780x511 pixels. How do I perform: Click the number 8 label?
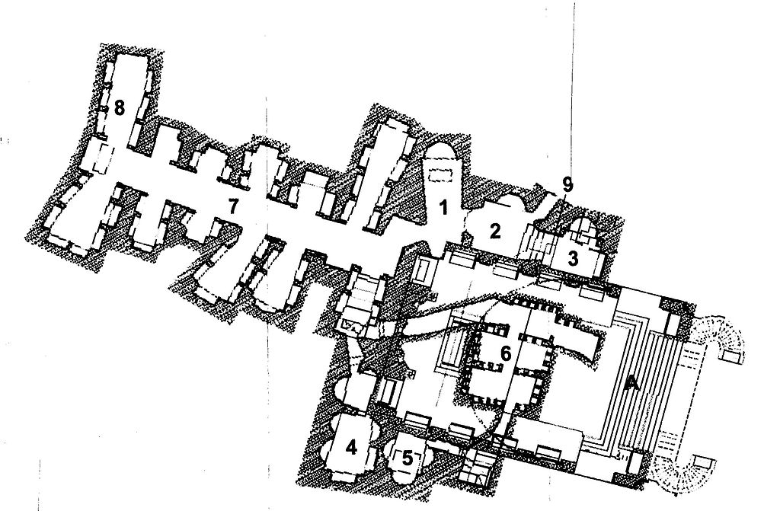119,107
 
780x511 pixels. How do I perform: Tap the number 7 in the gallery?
232,206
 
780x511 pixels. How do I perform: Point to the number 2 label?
494,232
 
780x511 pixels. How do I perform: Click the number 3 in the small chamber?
573,259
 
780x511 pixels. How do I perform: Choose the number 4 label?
351,448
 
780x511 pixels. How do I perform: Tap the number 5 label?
408,458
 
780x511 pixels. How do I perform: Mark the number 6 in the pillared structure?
506,354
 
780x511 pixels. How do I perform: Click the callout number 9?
567,184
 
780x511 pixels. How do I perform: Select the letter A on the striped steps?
631,382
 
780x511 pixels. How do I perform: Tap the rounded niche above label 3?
583,227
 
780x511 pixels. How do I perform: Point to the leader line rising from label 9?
574,90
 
